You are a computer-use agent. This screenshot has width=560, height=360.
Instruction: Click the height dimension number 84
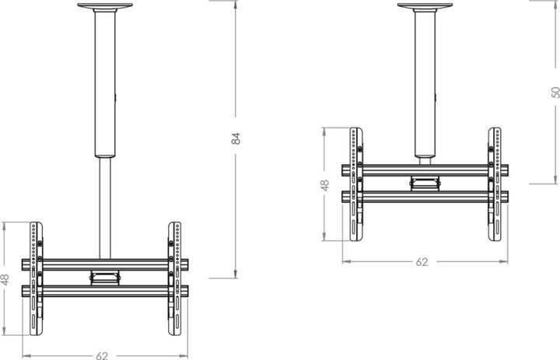tap(237, 138)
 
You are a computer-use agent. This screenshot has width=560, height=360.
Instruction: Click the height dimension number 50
tap(555, 92)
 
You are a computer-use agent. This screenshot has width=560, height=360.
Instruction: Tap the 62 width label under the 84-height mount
tap(102, 355)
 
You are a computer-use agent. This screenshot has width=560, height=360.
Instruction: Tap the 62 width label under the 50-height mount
tap(422, 262)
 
